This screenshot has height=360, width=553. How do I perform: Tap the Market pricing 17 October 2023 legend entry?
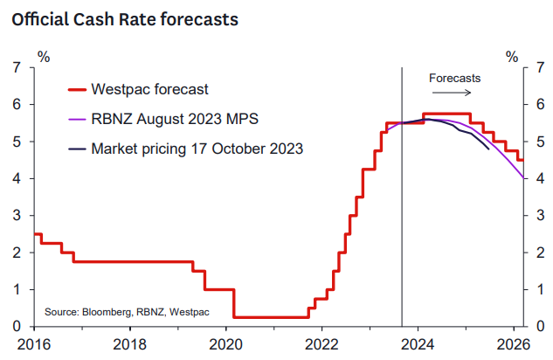[197, 149]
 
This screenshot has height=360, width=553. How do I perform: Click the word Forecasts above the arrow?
[454, 78]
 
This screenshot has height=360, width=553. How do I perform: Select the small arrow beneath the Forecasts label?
[454, 92]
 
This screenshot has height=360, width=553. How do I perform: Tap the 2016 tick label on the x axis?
[34, 343]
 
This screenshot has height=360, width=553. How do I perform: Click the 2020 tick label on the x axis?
[226, 343]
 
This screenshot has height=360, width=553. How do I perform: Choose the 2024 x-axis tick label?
[418, 343]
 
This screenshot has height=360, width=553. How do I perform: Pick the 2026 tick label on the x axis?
[515, 343]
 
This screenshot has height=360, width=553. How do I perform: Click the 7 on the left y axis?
[18, 67]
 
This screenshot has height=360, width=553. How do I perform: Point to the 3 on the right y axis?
[537, 216]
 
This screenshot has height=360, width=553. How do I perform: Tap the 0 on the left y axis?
[18, 327]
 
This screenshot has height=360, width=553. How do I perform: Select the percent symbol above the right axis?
[511, 57]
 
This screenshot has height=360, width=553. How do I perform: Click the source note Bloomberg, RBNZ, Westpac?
[114, 311]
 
